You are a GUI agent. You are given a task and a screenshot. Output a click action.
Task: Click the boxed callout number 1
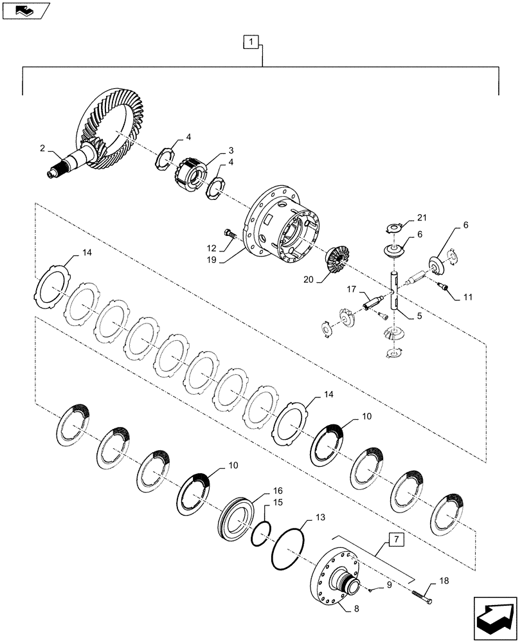coord(252,42)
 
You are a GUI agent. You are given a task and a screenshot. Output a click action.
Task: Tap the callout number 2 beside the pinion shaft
coord(42,148)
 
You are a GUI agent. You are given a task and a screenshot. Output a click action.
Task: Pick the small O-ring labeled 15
coord(259,533)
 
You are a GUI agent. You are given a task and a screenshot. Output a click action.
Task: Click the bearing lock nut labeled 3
coord(190,174)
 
